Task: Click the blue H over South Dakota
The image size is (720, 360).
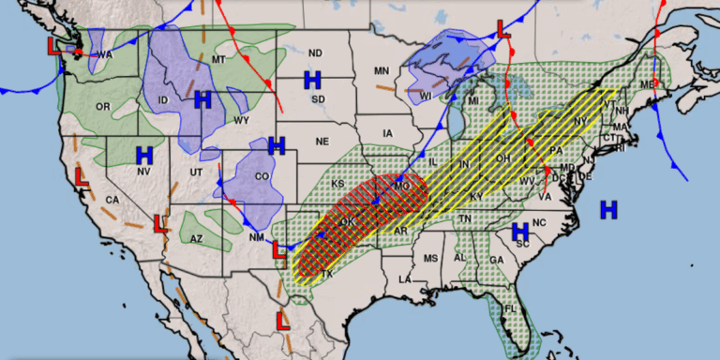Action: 312,79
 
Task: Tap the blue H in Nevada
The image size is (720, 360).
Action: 144,156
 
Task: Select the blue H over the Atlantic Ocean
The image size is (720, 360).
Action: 609,209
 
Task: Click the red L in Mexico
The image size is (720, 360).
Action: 282,321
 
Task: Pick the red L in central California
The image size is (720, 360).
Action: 82,175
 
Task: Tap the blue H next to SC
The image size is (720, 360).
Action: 521,232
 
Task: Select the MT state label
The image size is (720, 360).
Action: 220,60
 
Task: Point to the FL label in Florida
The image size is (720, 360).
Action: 511,308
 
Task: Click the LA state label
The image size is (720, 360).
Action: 406,279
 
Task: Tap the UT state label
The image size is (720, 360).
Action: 195,173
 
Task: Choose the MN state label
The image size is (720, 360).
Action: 382,71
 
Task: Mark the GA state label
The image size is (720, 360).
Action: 495,260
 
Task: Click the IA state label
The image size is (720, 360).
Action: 388,134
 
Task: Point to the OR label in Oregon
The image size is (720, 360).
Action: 102,107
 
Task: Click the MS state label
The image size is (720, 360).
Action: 430,259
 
